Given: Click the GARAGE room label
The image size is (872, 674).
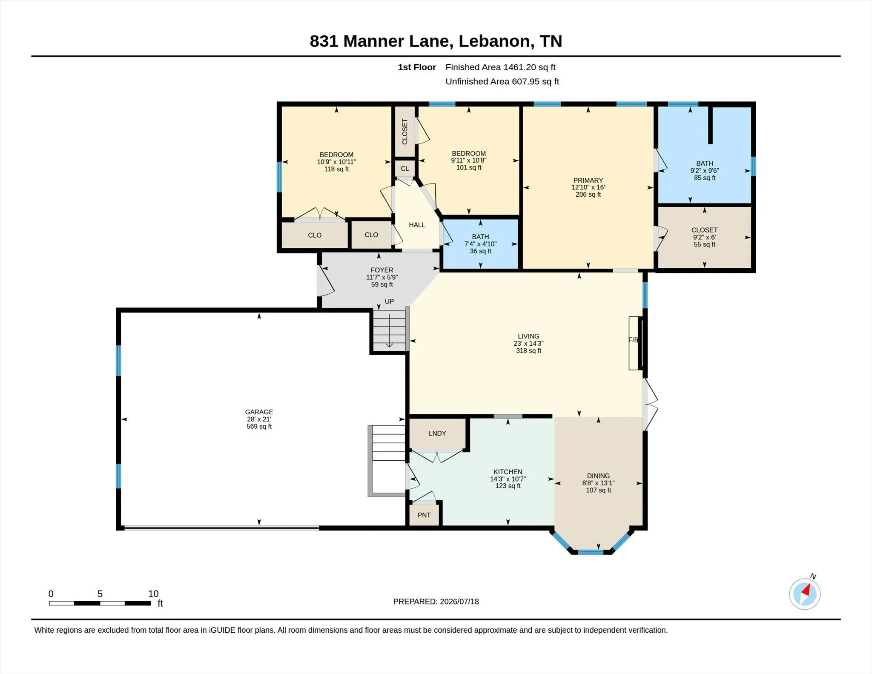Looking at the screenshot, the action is click(259, 412).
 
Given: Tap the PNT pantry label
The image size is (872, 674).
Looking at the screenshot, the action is click(424, 515).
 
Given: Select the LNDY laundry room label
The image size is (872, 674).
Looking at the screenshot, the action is click(437, 433).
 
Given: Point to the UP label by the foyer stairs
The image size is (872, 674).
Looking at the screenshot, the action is click(389, 301).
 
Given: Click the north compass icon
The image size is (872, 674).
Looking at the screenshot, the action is click(805, 594).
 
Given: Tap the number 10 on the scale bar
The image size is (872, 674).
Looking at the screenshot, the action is click(153, 594).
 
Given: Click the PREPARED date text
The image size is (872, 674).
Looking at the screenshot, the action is click(436, 602).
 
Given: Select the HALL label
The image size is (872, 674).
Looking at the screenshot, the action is click(417, 225).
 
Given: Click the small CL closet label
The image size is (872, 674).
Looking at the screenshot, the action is click(404, 169).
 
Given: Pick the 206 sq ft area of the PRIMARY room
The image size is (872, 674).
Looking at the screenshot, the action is click(588, 195).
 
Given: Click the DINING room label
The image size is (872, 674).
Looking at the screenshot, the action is click(598, 476).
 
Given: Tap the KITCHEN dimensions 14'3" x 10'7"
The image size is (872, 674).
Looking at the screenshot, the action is click(508, 479).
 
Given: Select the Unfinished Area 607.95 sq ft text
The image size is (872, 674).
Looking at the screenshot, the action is click(502, 81).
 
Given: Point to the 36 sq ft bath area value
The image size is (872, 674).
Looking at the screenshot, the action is click(480, 251).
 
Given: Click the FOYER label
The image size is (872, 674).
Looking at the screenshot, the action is click(382, 270).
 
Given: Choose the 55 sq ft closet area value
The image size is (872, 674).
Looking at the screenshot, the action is click(705, 244).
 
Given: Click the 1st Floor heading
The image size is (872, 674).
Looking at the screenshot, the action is click(417, 67).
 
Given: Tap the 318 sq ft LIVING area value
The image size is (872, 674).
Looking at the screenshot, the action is click(528, 351).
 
